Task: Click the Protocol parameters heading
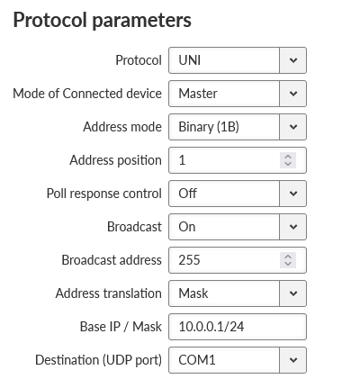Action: [x=102, y=21]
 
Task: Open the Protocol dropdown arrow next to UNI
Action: [x=293, y=60]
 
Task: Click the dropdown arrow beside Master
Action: [x=293, y=94]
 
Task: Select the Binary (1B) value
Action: [x=209, y=127]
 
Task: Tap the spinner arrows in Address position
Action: [x=288, y=160]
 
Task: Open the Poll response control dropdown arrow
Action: [x=293, y=194]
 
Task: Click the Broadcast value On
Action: [x=187, y=227]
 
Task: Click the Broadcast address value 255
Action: [x=189, y=260]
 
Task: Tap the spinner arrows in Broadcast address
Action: [x=288, y=260]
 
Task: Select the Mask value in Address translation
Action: [x=193, y=293]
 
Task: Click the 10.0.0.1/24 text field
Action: [x=238, y=327]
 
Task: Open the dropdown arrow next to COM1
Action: [x=293, y=360]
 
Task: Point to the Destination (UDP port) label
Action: [x=98, y=360]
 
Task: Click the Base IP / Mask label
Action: [x=121, y=327]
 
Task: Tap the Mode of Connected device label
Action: [x=87, y=94]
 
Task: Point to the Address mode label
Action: [x=122, y=127]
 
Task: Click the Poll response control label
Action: [x=104, y=194]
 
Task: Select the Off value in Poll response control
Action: [x=187, y=194]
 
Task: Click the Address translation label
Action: [x=109, y=293]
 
